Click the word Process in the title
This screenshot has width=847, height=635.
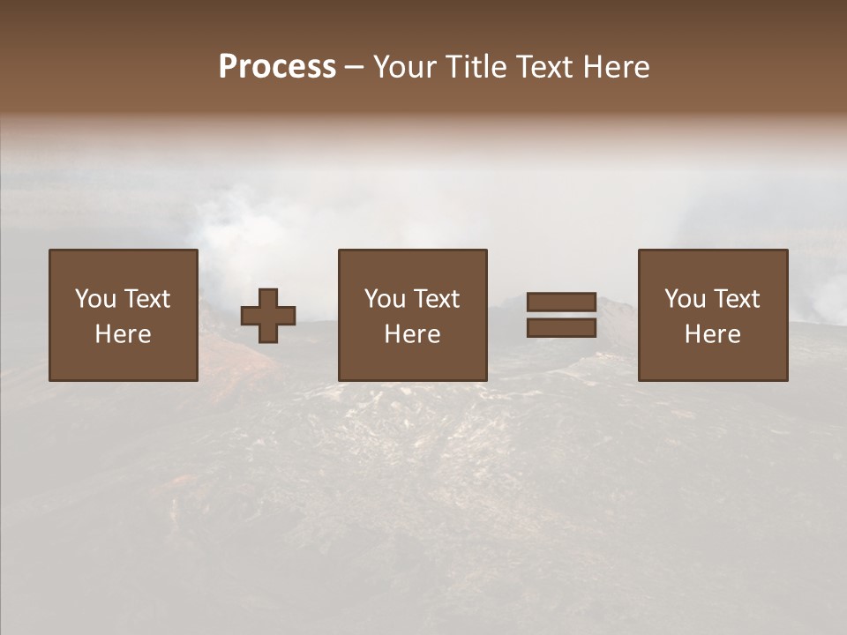(x=277, y=67)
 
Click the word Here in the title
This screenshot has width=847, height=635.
(x=617, y=67)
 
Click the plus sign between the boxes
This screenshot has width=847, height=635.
(x=268, y=316)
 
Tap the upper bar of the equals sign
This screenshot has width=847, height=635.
(x=561, y=303)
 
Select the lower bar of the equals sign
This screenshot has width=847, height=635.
(x=561, y=328)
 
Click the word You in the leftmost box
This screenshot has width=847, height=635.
(x=95, y=299)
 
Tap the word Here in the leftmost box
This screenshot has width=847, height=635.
(x=124, y=334)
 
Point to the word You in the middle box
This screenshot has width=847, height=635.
(x=385, y=299)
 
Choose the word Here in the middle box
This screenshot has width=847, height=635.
(x=413, y=334)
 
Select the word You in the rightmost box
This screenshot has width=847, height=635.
(x=685, y=299)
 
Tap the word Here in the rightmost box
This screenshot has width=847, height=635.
(x=713, y=334)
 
